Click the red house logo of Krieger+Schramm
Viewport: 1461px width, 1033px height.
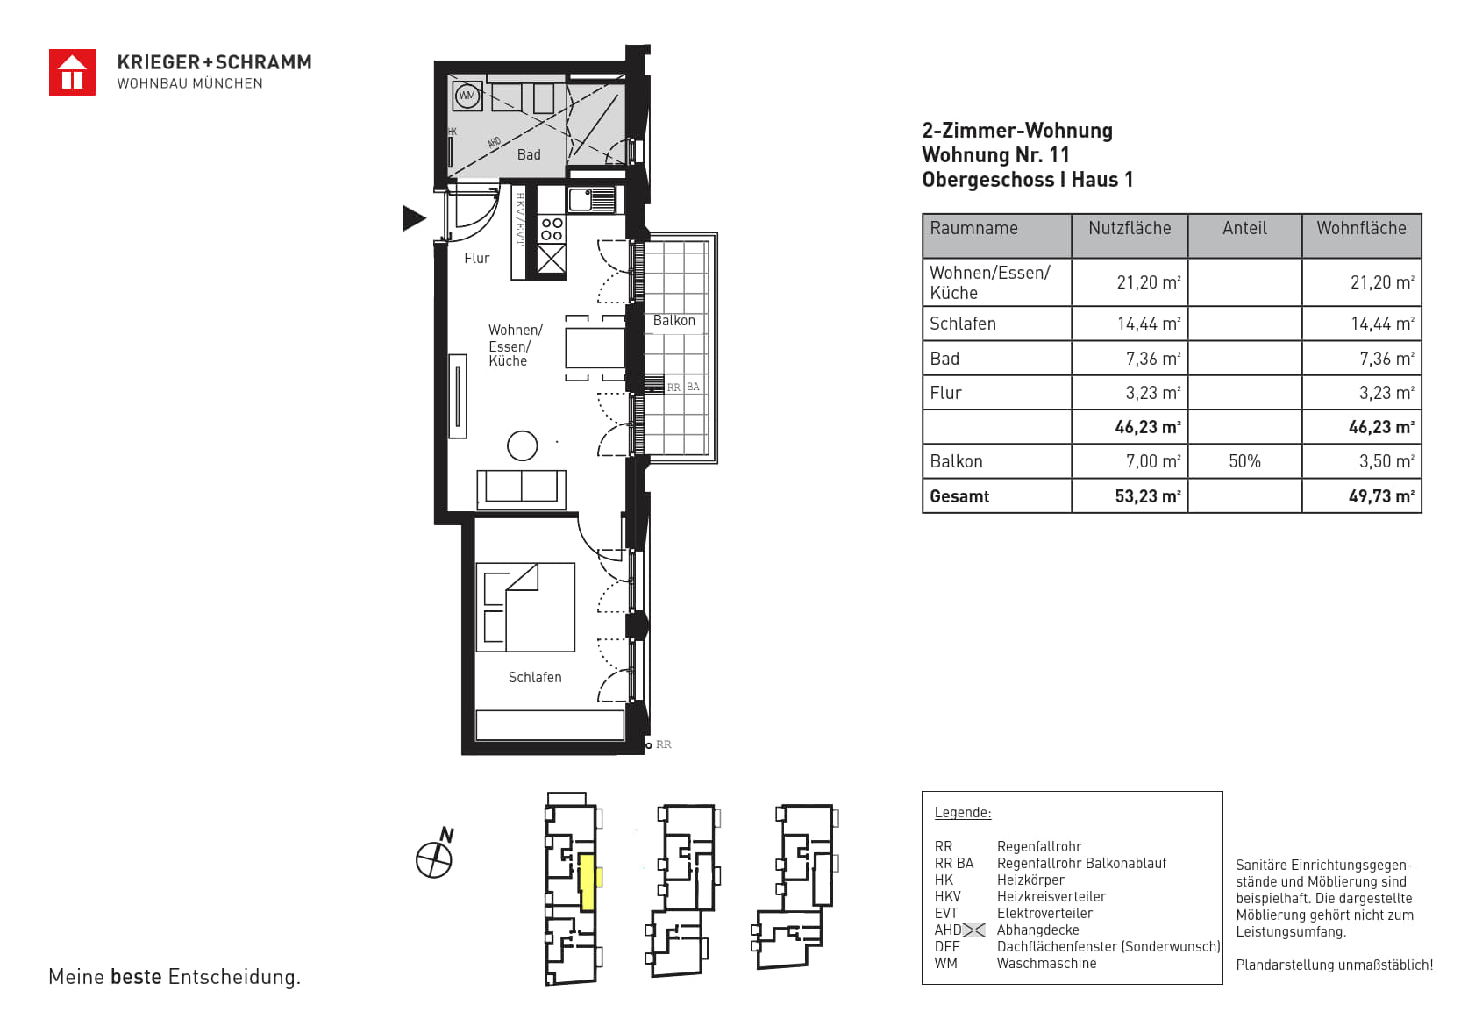point(73,73)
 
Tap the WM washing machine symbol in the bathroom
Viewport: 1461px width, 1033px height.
point(467,96)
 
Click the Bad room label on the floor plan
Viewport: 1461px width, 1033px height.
point(529,154)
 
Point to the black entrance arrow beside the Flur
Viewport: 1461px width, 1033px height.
point(414,217)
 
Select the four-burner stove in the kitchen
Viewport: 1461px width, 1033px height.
point(552,230)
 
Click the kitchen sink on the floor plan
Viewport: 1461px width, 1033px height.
point(591,200)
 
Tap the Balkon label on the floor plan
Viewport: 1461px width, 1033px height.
point(674,320)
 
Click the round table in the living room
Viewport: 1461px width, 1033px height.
point(523,446)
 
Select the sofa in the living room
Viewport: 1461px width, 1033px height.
point(521,489)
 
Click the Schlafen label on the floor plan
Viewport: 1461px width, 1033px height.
point(535,677)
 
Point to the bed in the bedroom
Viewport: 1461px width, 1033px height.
point(525,607)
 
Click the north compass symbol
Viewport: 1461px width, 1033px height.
point(435,856)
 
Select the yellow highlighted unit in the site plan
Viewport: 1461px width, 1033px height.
point(587,882)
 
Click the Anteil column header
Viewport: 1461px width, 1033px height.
point(1244,228)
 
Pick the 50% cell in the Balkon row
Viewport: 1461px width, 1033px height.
point(1244,461)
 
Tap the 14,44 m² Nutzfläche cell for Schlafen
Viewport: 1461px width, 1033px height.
point(1149,324)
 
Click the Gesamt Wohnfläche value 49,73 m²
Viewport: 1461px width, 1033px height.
point(1381,496)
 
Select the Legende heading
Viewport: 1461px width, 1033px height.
point(963,813)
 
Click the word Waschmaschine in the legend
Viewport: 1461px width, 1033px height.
point(1047,963)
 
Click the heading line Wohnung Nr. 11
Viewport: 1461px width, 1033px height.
point(996,155)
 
